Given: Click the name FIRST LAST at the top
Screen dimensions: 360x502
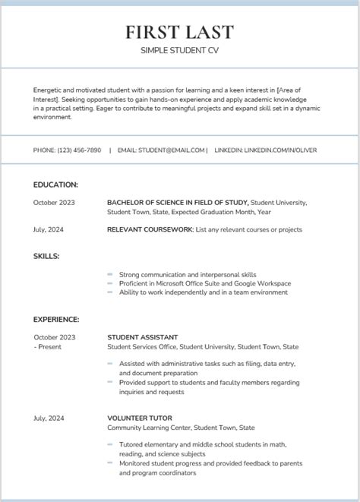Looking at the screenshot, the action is coord(179,32).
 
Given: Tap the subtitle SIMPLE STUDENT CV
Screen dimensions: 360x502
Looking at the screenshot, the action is coord(179,50).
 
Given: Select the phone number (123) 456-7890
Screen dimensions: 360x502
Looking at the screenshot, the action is coord(79,150).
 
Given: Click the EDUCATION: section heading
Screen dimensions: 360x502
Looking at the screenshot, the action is coord(55,185).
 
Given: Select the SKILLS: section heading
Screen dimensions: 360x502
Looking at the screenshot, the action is coord(46,256).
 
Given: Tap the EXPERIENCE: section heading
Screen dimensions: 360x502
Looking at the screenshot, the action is coord(56,320).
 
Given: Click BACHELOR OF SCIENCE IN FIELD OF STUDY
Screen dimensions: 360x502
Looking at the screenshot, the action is coord(178,203).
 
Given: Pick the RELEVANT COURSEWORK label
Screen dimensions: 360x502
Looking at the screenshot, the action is coord(150,229).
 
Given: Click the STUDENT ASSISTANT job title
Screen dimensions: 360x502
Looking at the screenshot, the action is coord(143,337).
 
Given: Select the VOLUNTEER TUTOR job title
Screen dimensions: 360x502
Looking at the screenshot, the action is coord(140,418).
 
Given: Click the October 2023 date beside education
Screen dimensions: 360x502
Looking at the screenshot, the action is coord(54,203).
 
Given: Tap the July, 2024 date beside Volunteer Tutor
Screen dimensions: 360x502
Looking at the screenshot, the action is coord(49,418).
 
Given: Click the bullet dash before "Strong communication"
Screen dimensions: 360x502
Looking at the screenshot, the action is coord(110,274).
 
